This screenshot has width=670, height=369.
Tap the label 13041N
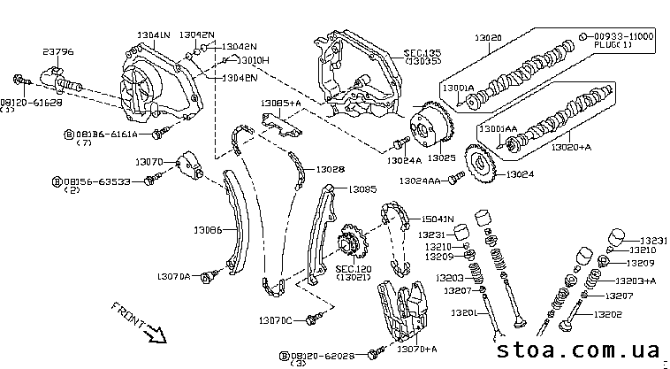[153, 34]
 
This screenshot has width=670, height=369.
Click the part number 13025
[440, 158]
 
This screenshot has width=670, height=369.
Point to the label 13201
[462, 312]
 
